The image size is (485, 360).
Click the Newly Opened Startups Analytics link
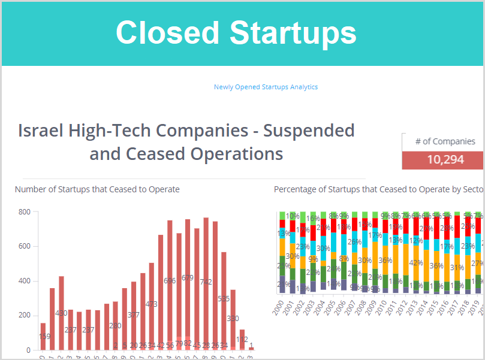(x=266, y=87)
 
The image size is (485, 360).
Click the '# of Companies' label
(x=445, y=141)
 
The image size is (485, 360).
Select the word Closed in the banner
(x=167, y=32)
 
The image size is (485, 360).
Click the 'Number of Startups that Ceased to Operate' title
(x=97, y=189)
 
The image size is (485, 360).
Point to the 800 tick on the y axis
(x=25, y=212)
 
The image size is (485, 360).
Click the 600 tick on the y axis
(x=25, y=246)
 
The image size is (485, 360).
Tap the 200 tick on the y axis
(x=25, y=316)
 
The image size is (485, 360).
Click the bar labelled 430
(x=61, y=311)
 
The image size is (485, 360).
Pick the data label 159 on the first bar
(x=43, y=337)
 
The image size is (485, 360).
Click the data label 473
(x=152, y=304)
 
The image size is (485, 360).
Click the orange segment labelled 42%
(x=415, y=262)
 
